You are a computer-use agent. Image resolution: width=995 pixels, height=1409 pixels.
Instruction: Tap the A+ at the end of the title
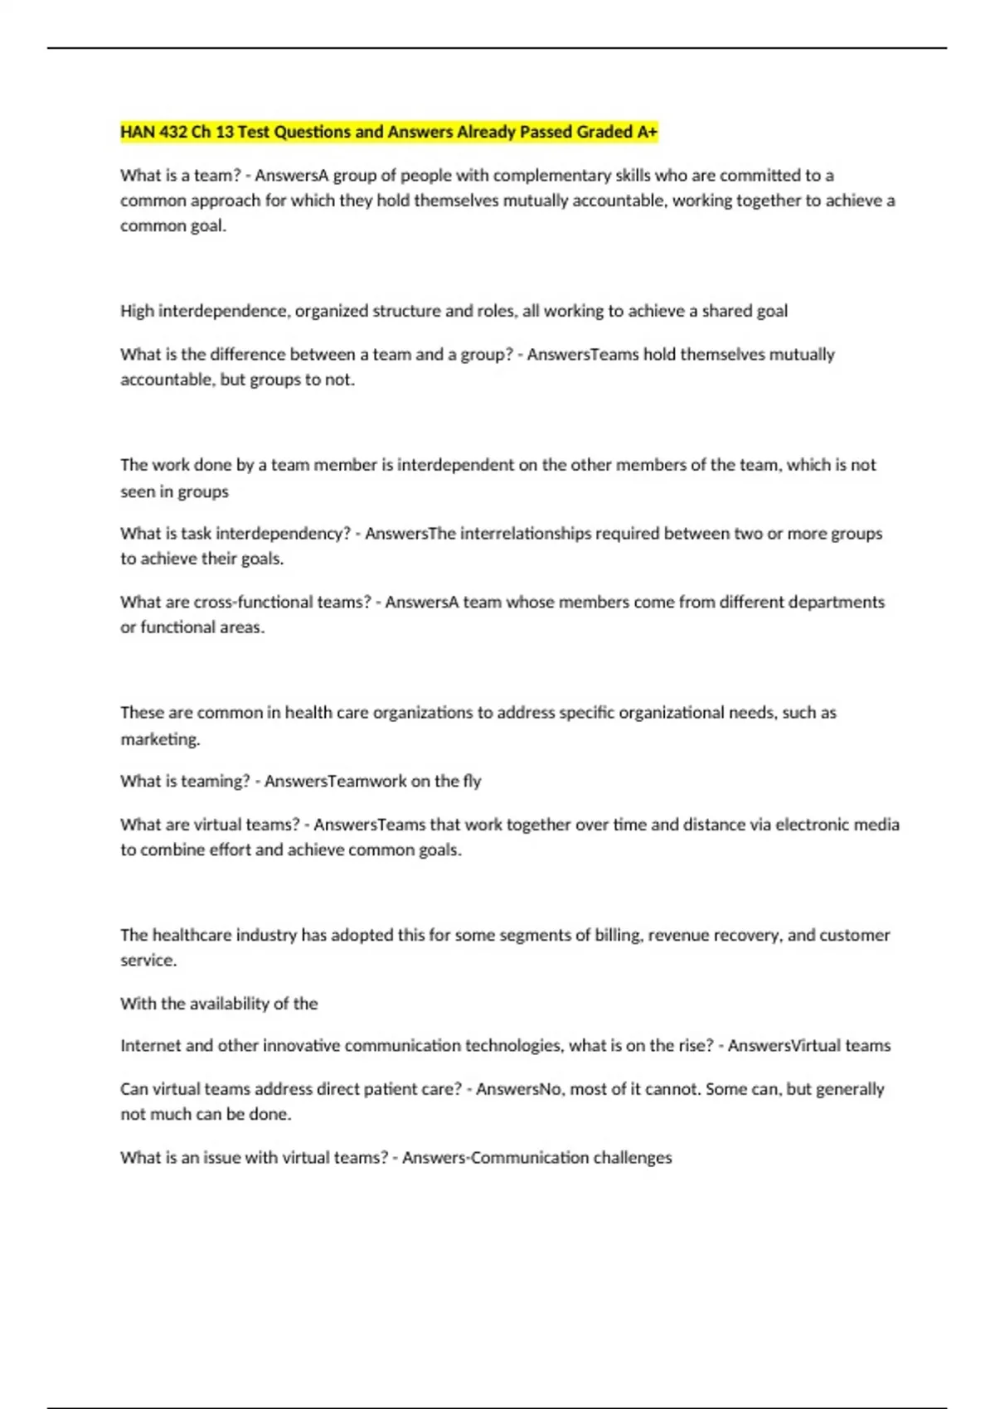click(647, 132)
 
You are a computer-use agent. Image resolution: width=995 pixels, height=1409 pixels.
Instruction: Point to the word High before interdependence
click(137, 311)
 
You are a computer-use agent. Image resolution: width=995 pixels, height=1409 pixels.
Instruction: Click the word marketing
click(160, 738)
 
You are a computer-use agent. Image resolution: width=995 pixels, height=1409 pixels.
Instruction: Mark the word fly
click(472, 781)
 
